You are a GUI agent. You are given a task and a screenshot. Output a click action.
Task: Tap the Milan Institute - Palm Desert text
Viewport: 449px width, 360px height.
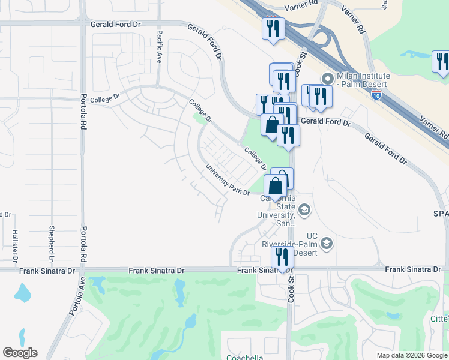(363, 80)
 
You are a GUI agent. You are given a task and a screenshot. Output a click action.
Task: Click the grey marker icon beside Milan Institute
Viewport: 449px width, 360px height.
(327, 77)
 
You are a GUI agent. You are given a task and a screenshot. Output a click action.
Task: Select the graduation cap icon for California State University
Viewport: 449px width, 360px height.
(304, 209)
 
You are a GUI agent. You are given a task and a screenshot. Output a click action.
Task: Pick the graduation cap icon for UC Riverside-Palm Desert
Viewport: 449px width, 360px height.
(326, 242)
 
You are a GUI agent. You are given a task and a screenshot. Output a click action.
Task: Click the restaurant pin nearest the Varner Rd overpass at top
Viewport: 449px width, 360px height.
(273, 28)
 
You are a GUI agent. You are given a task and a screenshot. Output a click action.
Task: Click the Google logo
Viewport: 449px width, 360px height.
(20, 353)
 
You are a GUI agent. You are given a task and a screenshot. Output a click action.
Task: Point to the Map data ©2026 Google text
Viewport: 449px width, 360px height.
(411, 355)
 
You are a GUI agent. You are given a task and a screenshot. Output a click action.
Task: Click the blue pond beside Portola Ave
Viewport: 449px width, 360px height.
(23, 293)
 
